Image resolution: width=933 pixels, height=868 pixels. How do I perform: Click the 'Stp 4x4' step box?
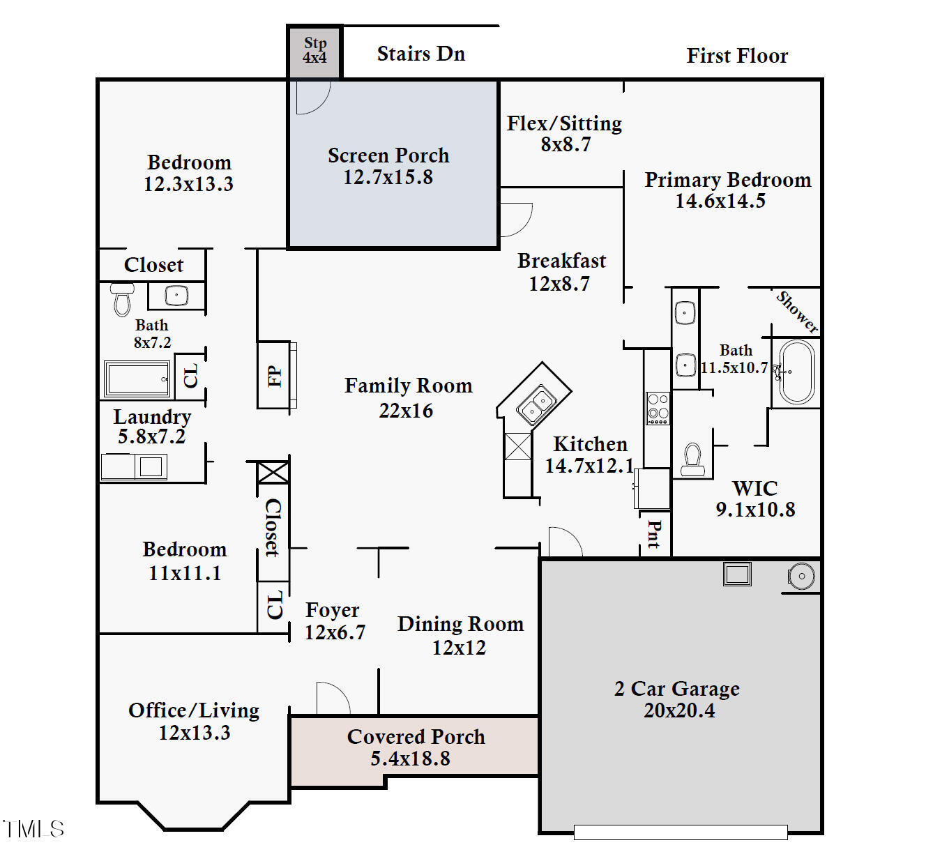coord(314,52)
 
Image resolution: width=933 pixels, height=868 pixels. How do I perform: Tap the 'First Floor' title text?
coord(737,56)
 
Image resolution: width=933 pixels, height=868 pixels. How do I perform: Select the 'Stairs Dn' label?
coord(420,54)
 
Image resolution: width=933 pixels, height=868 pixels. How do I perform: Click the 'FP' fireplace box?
coord(275,375)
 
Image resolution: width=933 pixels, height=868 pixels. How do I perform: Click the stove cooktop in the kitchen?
coord(658,408)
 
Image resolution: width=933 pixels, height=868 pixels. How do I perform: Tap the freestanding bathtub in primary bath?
coord(796,372)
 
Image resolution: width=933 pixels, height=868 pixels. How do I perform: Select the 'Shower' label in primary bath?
coord(797,312)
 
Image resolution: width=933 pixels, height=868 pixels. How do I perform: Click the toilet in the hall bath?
coord(123,299)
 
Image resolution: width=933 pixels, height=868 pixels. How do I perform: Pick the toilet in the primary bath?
coord(692,460)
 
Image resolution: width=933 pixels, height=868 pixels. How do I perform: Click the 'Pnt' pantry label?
coord(654,534)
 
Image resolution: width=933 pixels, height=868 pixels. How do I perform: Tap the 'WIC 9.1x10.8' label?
coord(755,498)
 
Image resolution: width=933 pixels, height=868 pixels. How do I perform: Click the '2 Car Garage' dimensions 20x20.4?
coord(679,711)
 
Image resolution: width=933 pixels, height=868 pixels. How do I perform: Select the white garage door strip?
coord(681,832)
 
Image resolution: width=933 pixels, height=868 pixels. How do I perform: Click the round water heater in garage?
coord(801,576)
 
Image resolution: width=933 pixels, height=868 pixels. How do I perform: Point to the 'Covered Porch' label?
coord(416,737)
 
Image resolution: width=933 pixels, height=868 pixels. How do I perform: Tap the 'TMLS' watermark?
coord(33,829)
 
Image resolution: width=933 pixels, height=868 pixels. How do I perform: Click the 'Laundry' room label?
coord(152,417)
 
